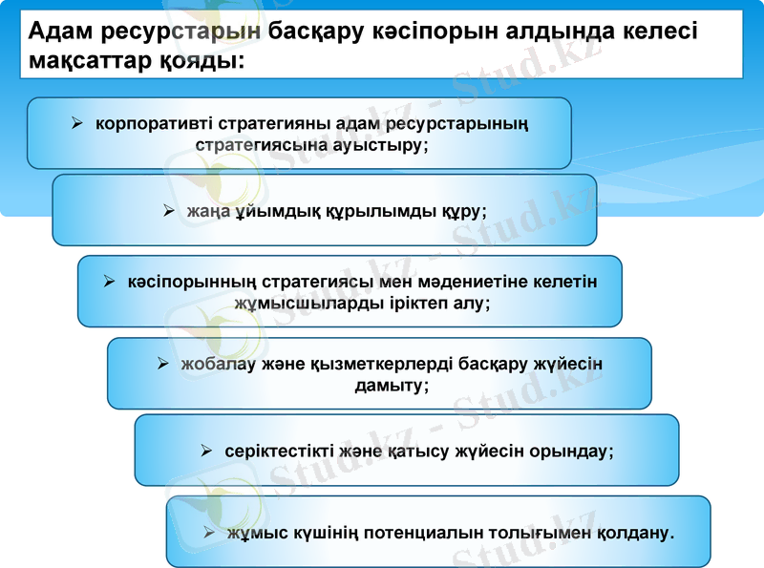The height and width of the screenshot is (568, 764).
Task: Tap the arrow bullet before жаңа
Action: pos(169,210)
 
